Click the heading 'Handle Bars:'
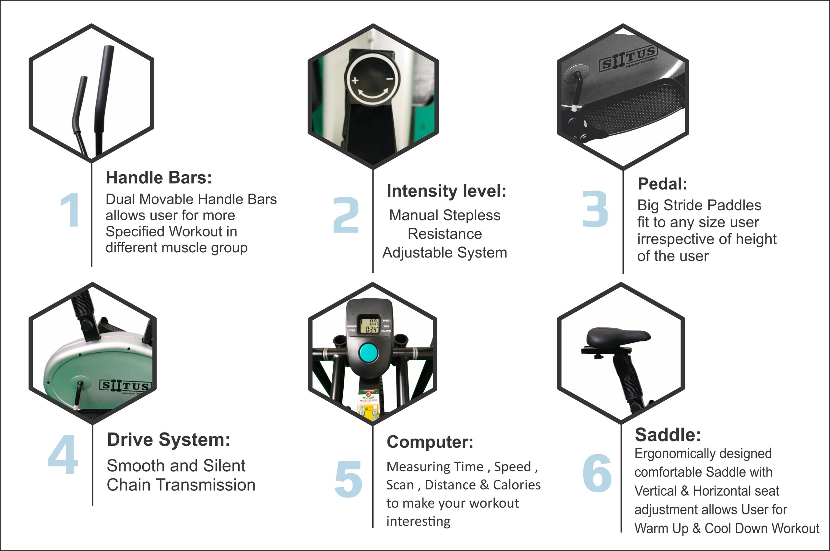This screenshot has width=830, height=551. (x=159, y=178)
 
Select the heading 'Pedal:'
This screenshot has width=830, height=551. (x=662, y=184)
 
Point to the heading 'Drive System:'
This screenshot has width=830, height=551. (x=169, y=440)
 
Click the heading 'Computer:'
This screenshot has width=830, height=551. (x=430, y=442)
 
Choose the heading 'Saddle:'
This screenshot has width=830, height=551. (x=668, y=435)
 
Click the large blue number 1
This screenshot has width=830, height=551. (x=70, y=210)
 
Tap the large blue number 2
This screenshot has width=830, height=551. (x=346, y=215)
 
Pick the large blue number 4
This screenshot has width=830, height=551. (x=63, y=455)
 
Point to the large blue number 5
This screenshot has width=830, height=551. (x=348, y=479)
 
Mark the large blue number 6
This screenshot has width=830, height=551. (x=597, y=473)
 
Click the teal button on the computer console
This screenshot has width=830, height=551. (x=368, y=353)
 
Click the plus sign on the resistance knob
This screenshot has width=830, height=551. (x=355, y=80)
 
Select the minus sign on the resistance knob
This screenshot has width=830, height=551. (x=390, y=79)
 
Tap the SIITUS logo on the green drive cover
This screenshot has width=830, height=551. (x=125, y=386)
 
